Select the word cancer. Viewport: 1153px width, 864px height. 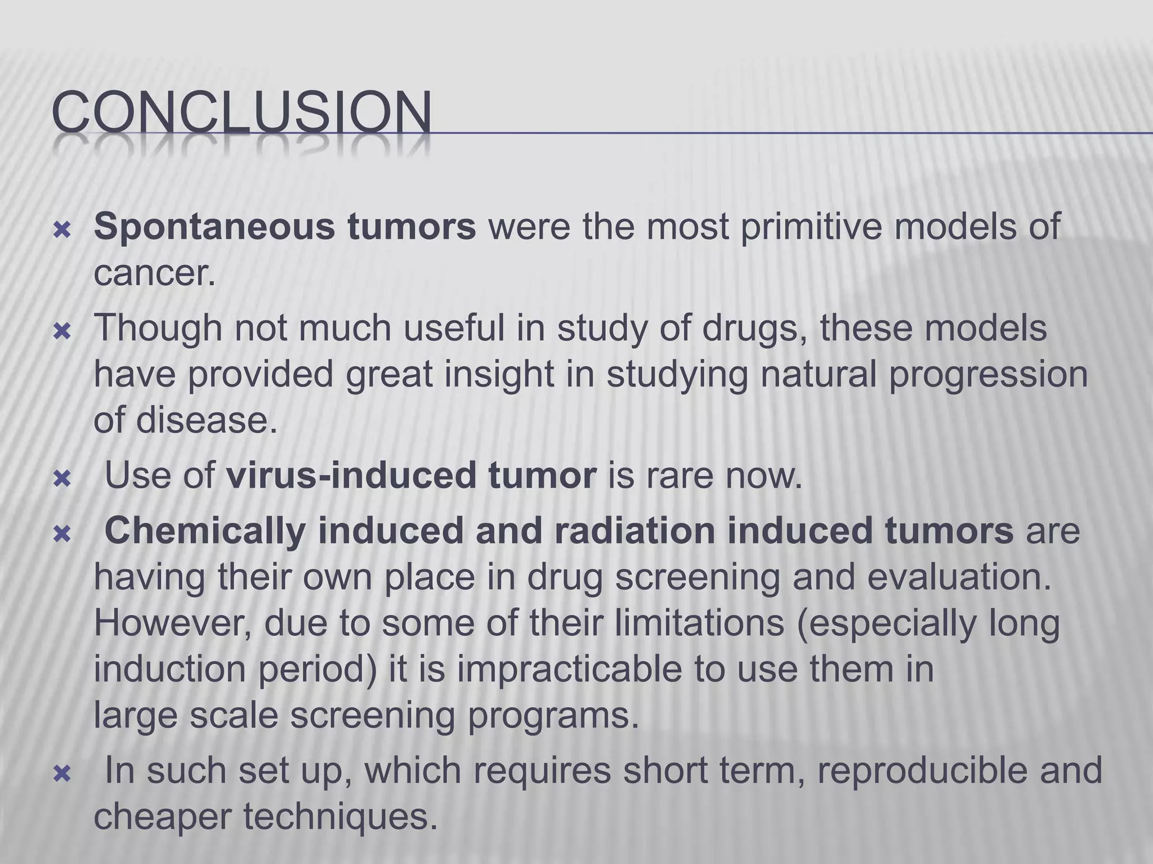tap(154, 274)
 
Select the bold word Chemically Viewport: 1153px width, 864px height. tap(205, 530)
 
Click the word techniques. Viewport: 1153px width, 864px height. tap(340, 817)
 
